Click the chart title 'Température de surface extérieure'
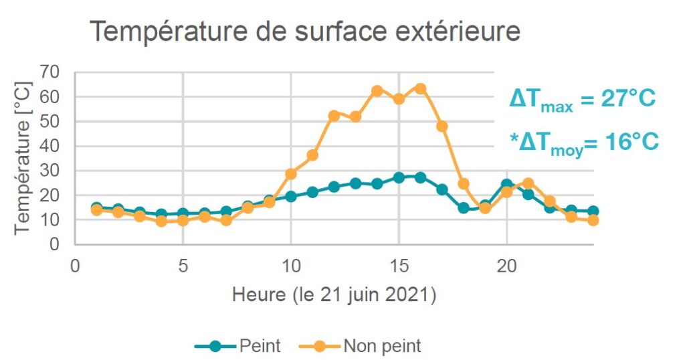304,31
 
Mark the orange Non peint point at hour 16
420,88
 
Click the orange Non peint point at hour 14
377,91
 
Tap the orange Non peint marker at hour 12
334,116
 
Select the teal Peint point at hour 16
420,177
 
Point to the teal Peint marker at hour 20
506,185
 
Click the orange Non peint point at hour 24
593,220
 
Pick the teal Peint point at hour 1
96,208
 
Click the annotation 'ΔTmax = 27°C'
582,100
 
